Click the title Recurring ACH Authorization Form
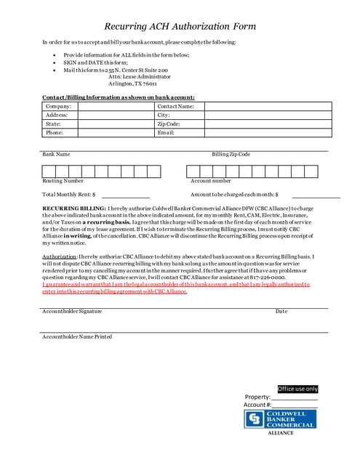180,27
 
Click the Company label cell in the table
59,106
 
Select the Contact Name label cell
175,106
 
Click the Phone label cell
55,133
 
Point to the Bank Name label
56,154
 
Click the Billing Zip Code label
231,154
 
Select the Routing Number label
63,180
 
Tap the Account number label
210,180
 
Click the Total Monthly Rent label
70,195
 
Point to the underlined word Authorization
59,257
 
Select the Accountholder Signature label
71,311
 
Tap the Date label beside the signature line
281,311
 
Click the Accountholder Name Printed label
76,336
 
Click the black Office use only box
297,389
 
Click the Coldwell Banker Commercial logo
280,420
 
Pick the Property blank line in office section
295,398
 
